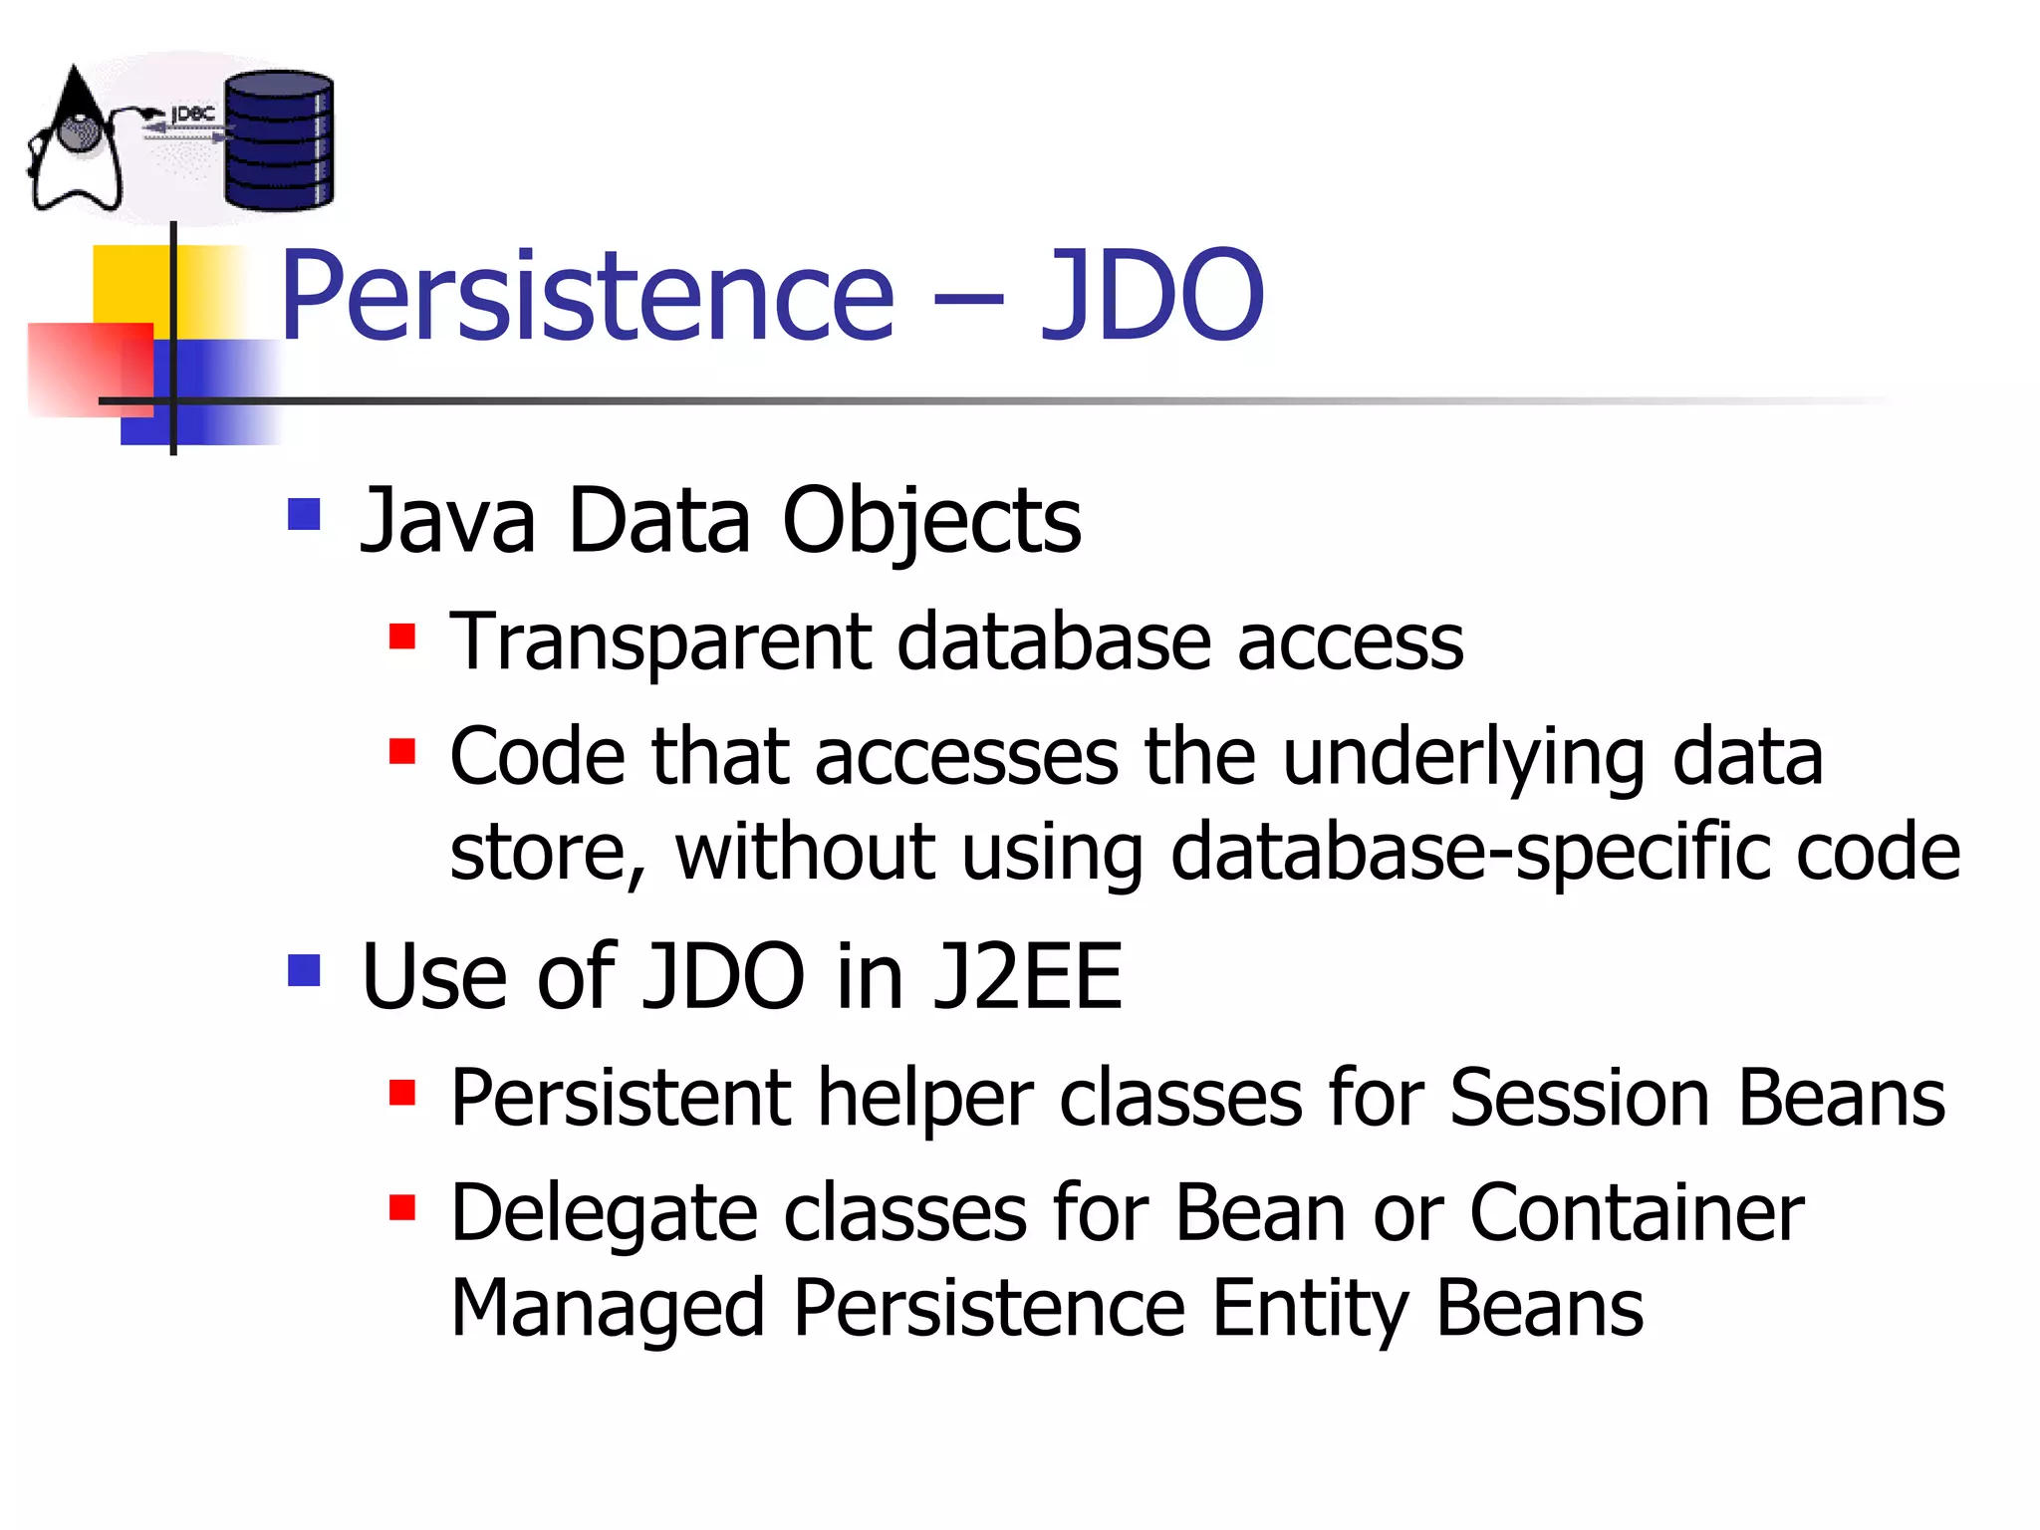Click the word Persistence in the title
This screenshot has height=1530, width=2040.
pos(588,296)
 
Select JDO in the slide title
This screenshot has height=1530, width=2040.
pos(1151,296)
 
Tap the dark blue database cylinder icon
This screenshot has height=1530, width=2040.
pos(279,140)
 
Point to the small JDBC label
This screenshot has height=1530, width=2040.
pos(192,115)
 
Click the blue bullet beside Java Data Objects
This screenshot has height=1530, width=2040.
pos(304,514)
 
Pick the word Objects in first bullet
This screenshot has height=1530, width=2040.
pos(931,522)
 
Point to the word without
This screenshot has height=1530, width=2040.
pos(805,853)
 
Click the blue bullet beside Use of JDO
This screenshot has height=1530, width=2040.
pos(304,970)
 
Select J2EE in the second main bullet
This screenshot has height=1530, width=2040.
pos(1027,977)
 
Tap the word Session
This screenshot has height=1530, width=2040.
pos(1580,1098)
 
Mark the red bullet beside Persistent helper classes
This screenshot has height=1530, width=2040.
pos(402,1093)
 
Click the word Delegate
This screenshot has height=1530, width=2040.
pos(605,1214)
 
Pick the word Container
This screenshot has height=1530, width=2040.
pos(1637,1213)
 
